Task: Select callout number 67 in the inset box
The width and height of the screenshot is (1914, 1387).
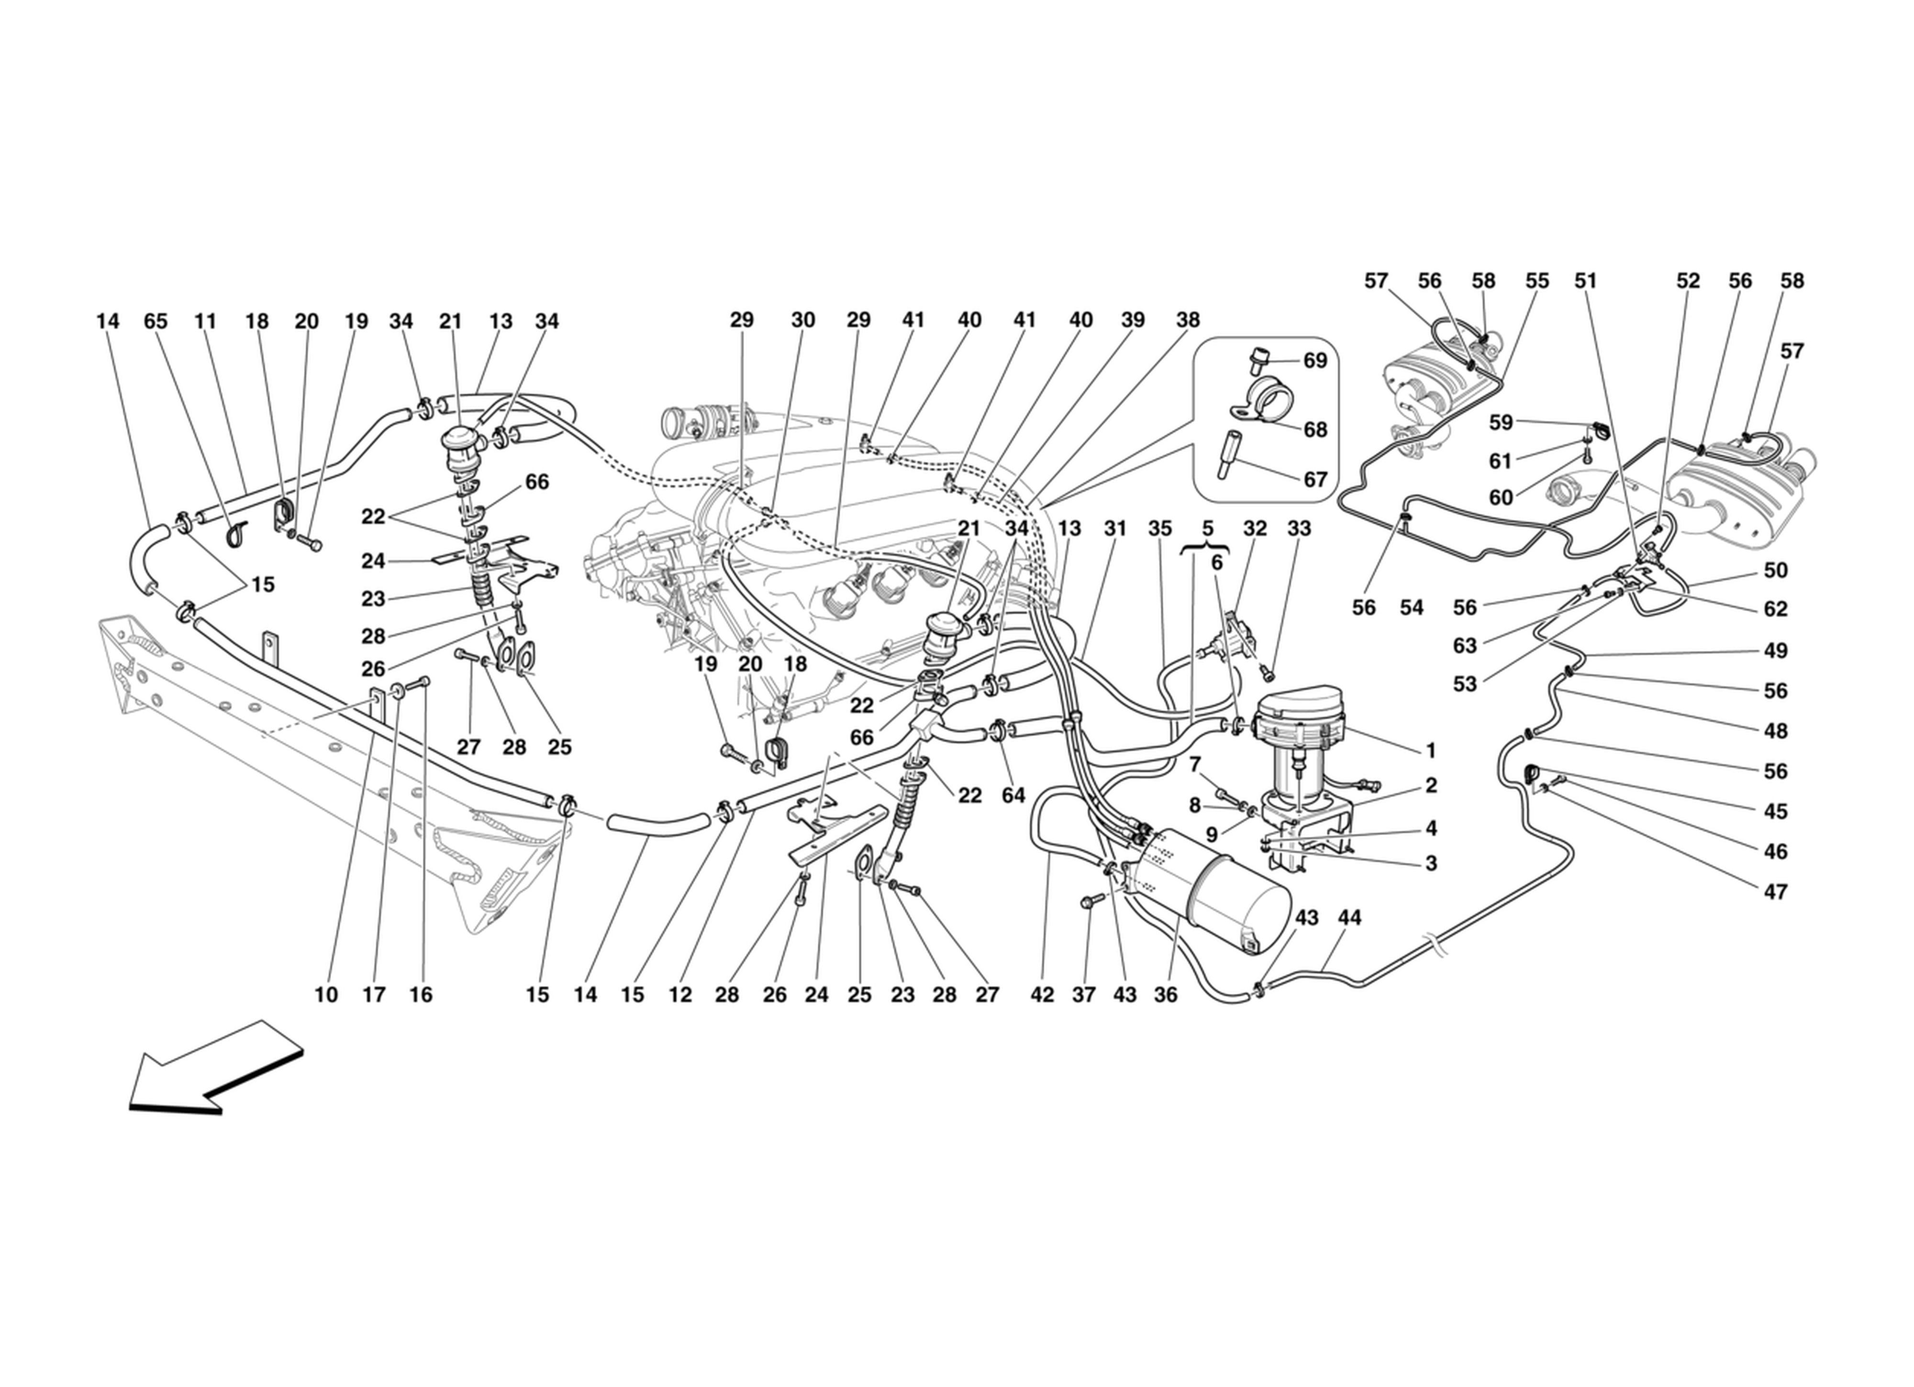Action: coord(1315,479)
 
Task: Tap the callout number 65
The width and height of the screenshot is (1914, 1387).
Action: coord(156,321)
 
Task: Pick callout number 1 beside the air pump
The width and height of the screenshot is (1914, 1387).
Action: coord(1430,750)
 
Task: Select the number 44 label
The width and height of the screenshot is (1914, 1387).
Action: coord(1349,918)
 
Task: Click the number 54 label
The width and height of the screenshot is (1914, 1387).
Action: coord(1411,607)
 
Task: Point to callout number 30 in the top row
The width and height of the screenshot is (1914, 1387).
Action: coord(802,320)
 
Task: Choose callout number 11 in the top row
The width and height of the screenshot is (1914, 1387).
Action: coord(205,321)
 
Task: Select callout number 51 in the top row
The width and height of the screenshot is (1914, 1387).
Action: coord(1586,281)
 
